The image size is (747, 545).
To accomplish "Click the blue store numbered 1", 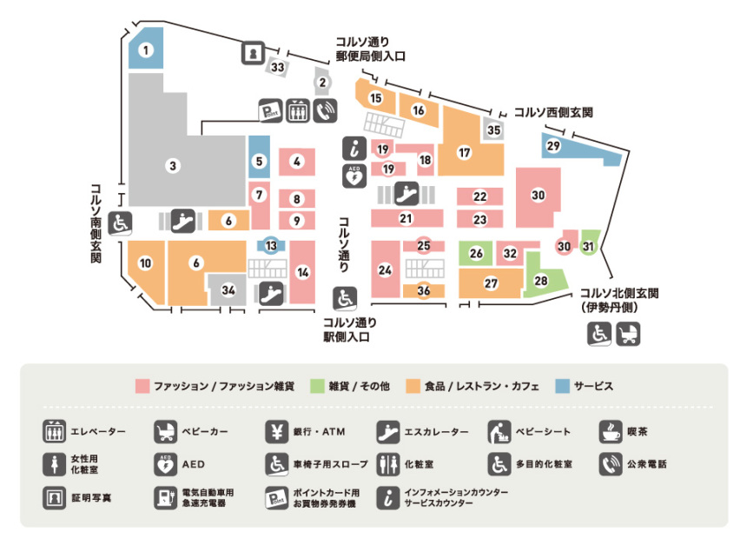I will (x=146, y=50).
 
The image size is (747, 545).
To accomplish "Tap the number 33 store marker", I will (x=278, y=67).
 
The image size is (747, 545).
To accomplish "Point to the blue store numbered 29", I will (x=553, y=146).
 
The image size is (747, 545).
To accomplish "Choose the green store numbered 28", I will (x=541, y=281).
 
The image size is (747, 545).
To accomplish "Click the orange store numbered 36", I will (x=424, y=291).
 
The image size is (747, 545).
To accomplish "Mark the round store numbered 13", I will (x=272, y=246).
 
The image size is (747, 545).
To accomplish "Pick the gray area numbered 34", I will (x=228, y=289).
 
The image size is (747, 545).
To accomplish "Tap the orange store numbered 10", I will (x=145, y=263).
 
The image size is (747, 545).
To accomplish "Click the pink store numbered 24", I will (x=385, y=270).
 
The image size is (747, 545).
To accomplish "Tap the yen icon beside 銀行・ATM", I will (x=275, y=432).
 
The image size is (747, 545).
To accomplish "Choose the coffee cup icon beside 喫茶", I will (x=611, y=432).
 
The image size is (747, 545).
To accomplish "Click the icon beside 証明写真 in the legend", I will (x=54, y=498).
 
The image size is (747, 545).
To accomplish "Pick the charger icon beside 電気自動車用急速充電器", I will (x=164, y=498).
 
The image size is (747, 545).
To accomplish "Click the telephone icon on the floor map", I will (x=325, y=110).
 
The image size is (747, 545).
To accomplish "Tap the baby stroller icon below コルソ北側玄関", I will (x=628, y=333).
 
